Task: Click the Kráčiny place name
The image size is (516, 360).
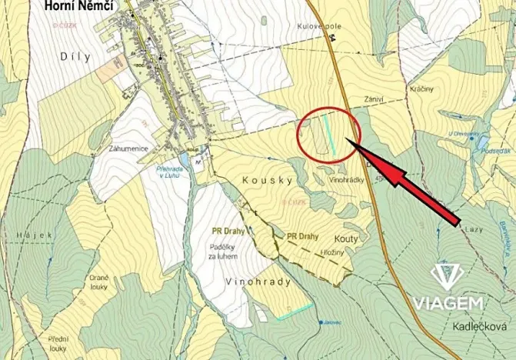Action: point(421,88)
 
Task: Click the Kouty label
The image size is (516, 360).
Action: point(347,238)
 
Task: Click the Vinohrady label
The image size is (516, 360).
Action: point(259,282)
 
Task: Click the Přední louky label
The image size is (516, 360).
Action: point(58,343)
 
